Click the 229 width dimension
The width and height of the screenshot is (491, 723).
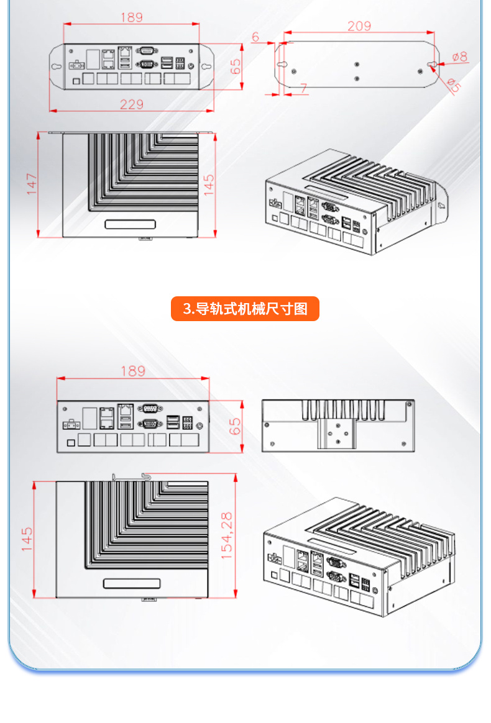tap(131, 104)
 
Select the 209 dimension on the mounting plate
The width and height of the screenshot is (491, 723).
tap(359, 26)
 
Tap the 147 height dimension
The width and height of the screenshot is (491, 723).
tap(32, 184)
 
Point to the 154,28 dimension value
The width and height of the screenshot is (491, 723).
tap(226, 535)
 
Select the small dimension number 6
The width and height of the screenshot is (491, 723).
tap(255, 37)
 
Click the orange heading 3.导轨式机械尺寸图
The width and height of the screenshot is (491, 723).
tap(245, 309)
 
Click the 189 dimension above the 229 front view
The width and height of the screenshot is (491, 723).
tap(131, 17)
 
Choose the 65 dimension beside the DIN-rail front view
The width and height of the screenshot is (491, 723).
tap(235, 427)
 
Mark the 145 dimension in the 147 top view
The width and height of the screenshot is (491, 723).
tap(209, 185)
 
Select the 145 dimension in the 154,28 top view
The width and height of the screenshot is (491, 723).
tap(27, 539)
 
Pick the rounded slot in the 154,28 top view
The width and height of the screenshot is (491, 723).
tap(131, 584)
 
